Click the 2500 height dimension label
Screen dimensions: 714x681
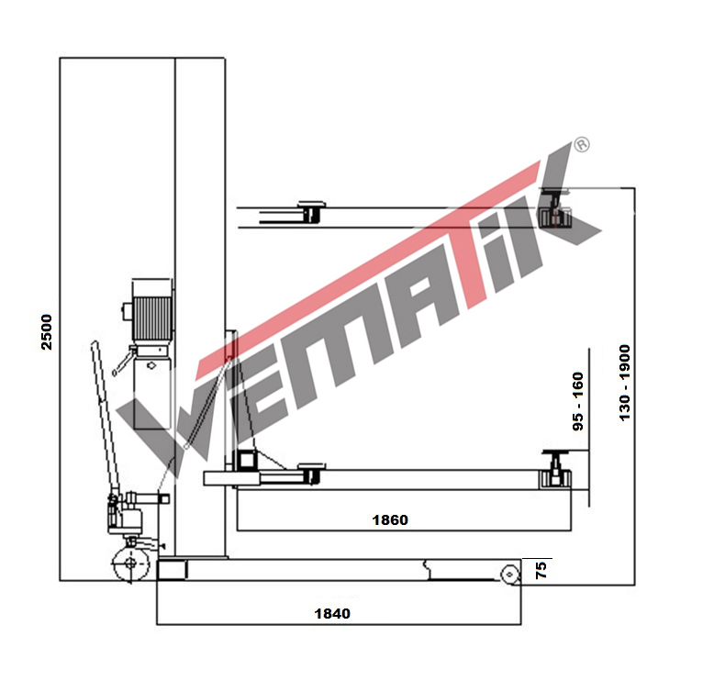(47, 331)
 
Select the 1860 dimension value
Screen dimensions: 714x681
(390, 519)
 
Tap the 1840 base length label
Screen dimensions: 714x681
(332, 613)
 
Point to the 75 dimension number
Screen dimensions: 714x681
(541, 570)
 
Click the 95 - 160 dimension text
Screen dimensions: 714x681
(577, 401)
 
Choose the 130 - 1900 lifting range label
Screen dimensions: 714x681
(624, 383)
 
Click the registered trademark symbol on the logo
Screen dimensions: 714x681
(582, 144)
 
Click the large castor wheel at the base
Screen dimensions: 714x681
(130, 564)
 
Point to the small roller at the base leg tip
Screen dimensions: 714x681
(509, 574)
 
